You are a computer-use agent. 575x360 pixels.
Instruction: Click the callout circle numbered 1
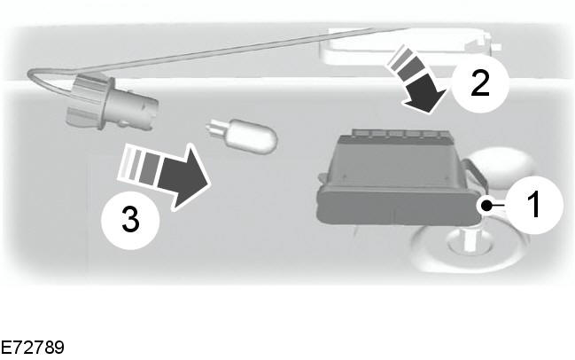coord(534,205)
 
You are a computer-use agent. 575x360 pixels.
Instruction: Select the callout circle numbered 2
coord(480,83)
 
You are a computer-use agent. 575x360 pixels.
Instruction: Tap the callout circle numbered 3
coord(130,220)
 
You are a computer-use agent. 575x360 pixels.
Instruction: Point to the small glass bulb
coord(242,136)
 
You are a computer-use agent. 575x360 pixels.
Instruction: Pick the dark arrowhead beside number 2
coord(425,95)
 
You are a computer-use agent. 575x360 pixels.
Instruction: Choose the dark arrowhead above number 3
coord(185,176)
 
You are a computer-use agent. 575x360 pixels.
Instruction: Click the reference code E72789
coord(32,348)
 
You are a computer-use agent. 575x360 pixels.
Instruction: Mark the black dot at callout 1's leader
coord(486,206)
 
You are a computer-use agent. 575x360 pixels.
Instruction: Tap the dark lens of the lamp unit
coord(399,206)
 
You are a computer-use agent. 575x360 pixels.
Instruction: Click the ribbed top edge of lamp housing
coord(400,133)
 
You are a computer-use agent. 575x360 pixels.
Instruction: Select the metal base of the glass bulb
coord(216,129)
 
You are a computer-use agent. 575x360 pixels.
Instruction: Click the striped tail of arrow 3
coord(138,162)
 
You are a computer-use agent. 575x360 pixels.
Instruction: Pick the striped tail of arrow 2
coord(404,63)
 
